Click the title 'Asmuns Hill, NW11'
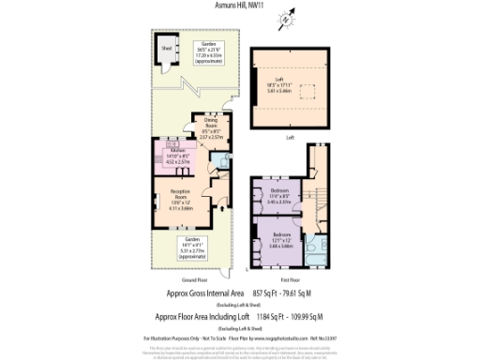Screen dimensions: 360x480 (x=240, y=7)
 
